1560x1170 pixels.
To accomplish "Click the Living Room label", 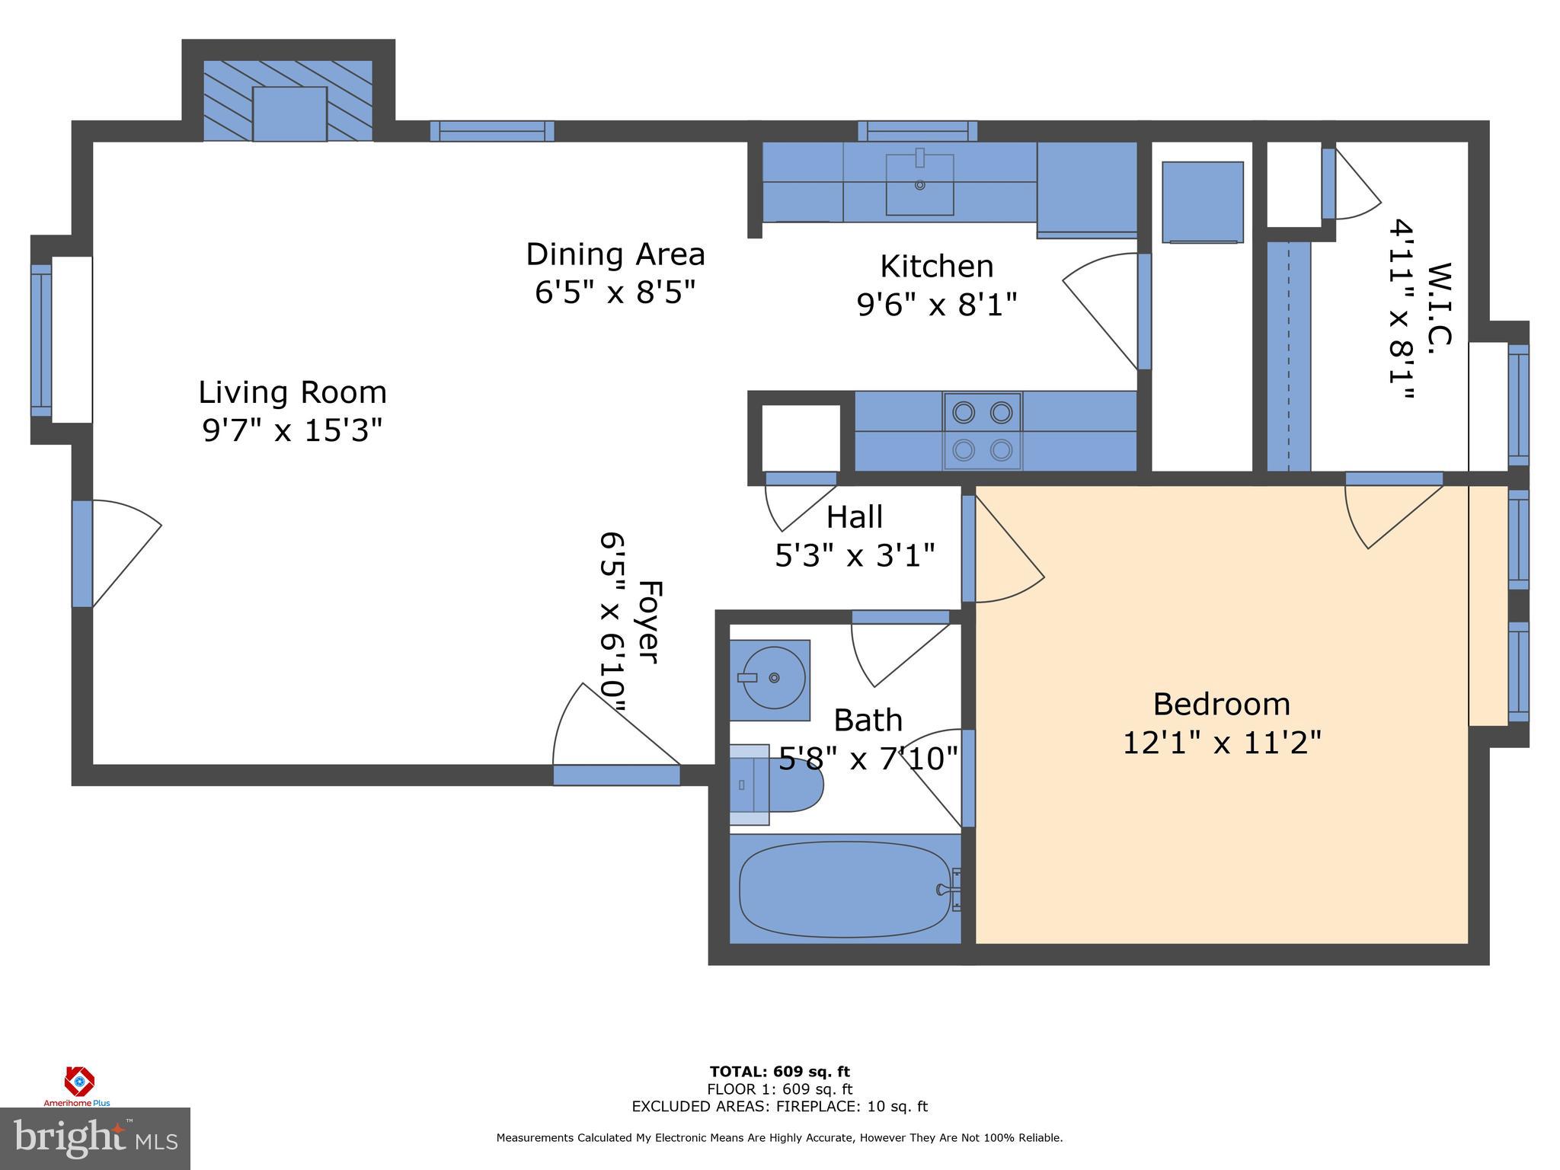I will coord(292,393).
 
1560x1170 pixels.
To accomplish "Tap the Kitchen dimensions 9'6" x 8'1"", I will coord(937,305).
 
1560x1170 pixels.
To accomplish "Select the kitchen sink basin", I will coord(919,184).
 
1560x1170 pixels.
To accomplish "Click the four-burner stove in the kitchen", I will coord(983,432).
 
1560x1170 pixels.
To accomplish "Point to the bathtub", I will coord(844,889).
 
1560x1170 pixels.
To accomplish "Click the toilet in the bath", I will coord(777,785).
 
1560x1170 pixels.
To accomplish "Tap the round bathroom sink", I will coord(772,678).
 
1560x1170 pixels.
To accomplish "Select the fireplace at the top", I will coord(289,101).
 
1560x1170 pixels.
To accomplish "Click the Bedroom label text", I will coord(1221,705).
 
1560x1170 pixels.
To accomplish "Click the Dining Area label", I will coord(615,254).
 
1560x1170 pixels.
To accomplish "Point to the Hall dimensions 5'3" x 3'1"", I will coord(855,555).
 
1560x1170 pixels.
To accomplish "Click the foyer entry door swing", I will coord(609,727).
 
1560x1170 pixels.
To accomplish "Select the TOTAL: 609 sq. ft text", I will coord(779,1072).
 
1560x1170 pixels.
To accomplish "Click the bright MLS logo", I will coord(94,1138).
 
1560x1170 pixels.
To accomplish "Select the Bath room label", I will coord(868,721).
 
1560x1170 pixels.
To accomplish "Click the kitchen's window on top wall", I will coord(917,131).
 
